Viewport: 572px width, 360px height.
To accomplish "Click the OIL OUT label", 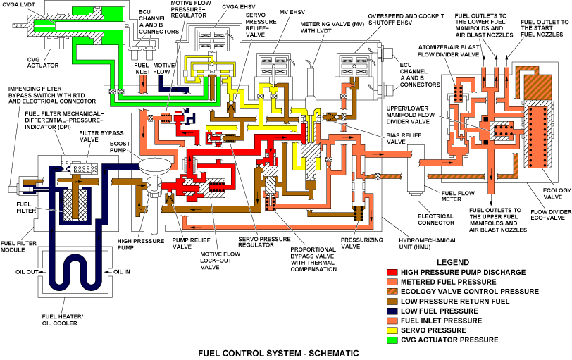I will click(27, 271).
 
